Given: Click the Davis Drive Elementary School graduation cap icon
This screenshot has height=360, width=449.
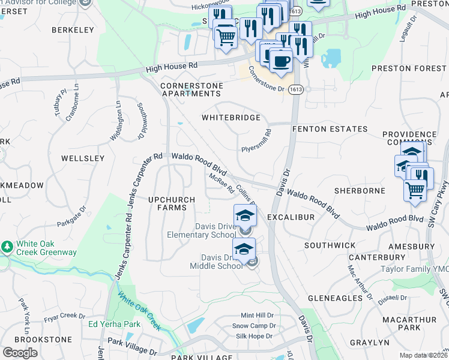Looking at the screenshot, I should click(x=245, y=215).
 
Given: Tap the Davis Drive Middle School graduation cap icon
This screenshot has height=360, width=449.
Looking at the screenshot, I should click(x=244, y=249).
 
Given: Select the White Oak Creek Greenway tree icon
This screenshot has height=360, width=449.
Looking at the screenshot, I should click(x=7, y=247).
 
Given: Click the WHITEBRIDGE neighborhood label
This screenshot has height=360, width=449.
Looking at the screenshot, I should click(x=231, y=118).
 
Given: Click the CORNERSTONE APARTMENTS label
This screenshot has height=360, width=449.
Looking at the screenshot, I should click(x=191, y=90).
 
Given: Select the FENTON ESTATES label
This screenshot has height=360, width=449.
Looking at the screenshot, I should click(x=330, y=129).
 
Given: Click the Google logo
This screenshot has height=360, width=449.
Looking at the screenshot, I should click(x=20, y=352).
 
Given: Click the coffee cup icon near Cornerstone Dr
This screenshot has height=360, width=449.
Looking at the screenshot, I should click(x=280, y=59).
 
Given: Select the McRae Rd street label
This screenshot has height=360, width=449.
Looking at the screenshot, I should click(x=221, y=183).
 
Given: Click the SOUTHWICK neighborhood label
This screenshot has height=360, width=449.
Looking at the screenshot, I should click(x=330, y=245).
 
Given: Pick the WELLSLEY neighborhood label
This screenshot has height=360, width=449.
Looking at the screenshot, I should click(x=83, y=158).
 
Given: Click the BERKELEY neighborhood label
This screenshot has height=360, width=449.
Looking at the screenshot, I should click(x=73, y=29).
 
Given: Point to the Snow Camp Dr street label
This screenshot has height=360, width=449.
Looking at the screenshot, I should click(x=253, y=326).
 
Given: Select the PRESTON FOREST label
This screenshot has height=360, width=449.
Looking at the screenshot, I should click(x=409, y=68).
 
